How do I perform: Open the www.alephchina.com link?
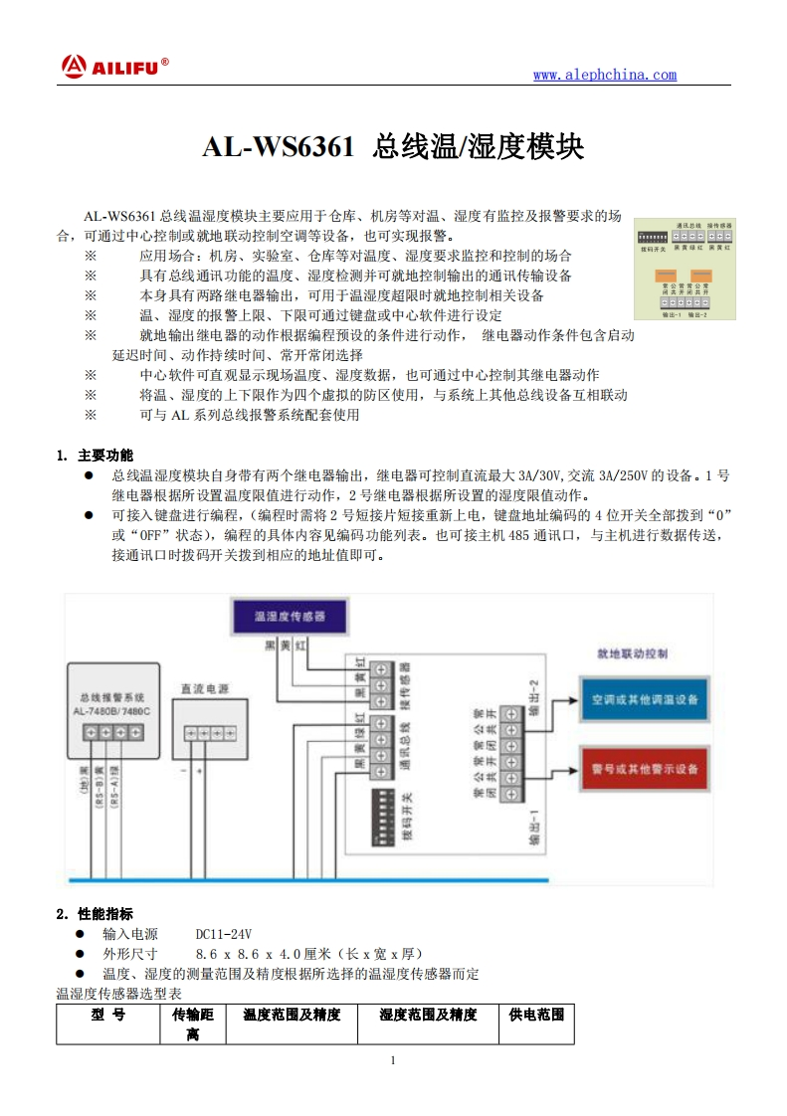point(604,75)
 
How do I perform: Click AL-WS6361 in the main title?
point(278,147)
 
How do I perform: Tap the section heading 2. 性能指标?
point(94,913)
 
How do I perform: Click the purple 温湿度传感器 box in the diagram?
point(290,617)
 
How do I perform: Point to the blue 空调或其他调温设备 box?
point(644,699)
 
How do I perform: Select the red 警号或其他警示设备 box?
point(644,769)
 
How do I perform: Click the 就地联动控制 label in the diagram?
point(632,655)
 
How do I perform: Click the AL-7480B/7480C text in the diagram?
point(111,712)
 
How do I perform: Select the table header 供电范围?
point(536,1015)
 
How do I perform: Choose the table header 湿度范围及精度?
point(428,1015)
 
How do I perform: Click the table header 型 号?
point(107,1015)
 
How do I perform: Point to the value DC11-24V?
point(224,934)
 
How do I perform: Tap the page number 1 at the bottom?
point(393,1060)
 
